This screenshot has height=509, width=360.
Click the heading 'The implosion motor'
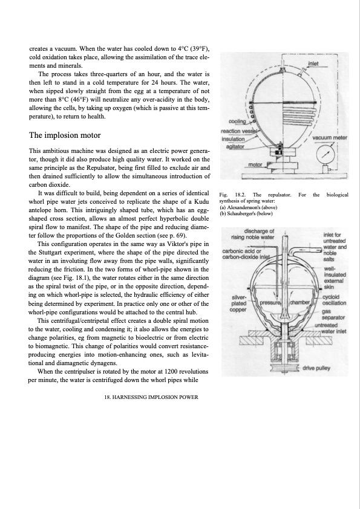pyautogui.click(x=65, y=135)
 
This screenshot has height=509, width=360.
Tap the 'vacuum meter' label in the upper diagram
pyautogui.click(x=330, y=138)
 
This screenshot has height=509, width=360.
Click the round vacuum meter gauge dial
pyautogui.click(x=326, y=154)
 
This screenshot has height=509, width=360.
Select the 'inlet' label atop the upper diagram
pyautogui.click(x=313, y=63)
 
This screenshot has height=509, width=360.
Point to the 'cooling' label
pyautogui.click(x=237, y=122)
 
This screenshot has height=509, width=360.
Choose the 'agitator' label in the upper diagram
pyautogui.click(x=235, y=146)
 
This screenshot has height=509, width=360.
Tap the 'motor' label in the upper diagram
pyautogui.click(x=255, y=164)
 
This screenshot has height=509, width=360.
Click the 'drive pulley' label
pyautogui.click(x=316, y=368)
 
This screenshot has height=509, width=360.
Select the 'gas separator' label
pyautogui.click(x=329, y=314)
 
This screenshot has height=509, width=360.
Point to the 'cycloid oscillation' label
pyautogui.click(x=334, y=300)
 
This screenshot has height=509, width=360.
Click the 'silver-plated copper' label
pyautogui.click(x=239, y=303)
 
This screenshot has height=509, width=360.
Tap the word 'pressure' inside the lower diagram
pyautogui.click(x=270, y=303)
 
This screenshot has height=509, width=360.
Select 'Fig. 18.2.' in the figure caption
pyautogui.click(x=232, y=195)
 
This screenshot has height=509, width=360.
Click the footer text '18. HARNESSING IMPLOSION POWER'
pyautogui.click(x=151, y=397)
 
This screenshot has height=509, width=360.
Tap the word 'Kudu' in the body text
pyautogui.click(x=201, y=201)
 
